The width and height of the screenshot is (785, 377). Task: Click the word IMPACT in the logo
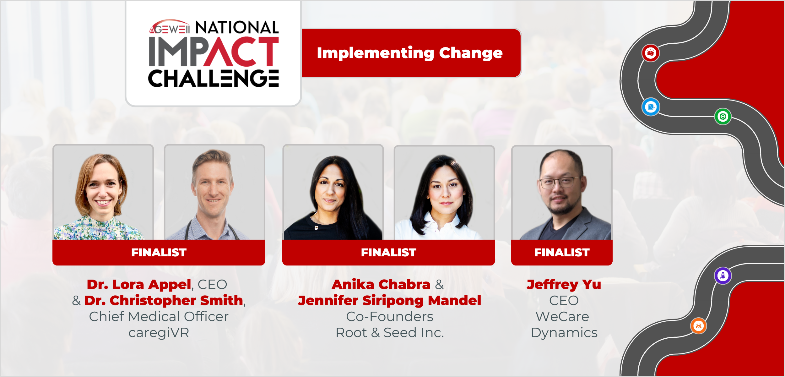tap(214, 52)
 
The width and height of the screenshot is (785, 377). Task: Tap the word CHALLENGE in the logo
tap(214, 78)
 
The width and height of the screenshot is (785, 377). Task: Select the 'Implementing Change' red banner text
tap(410, 53)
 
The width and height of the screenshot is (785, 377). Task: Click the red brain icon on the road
tap(651, 53)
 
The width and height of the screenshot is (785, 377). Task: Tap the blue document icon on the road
tap(651, 107)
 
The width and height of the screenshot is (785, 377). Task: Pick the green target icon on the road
tap(723, 117)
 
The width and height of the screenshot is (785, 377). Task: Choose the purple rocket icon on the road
tap(723, 276)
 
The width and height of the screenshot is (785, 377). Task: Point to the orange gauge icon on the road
tap(699, 326)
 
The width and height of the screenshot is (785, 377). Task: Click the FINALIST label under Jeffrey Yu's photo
tap(562, 253)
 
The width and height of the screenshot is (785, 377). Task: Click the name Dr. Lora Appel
tap(139, 285)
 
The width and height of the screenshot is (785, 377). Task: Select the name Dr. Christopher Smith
tap(164, 301)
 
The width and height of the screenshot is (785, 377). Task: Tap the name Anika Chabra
tap(381, 285)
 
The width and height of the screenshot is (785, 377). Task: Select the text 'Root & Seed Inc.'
tap(390, 333)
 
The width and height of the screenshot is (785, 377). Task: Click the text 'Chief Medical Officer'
tap(159, 317)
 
